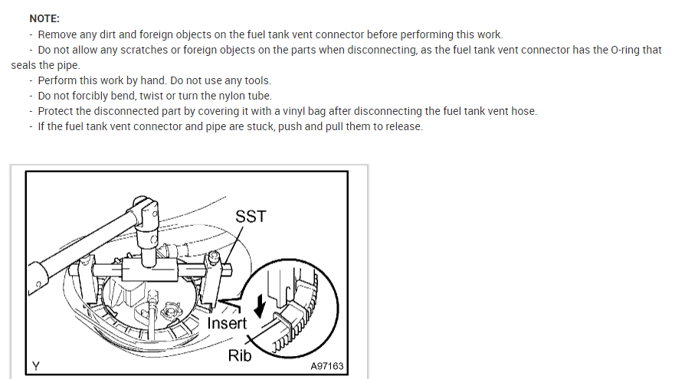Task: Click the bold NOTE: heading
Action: point(44,18)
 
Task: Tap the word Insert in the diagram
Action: point(228,323)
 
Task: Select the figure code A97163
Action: point(327,366)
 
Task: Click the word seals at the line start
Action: point(25,65)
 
